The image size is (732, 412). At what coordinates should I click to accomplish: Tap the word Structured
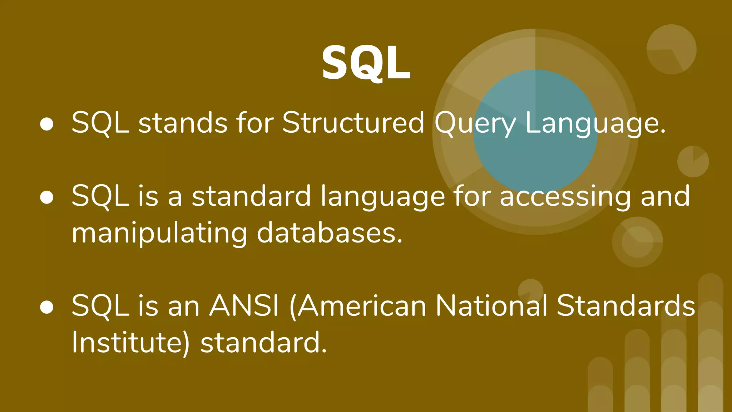click(x=353, y=123)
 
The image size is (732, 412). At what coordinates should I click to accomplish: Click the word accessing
click(x=565, y=196)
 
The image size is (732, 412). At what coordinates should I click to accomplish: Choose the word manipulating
click(x=159, y=233)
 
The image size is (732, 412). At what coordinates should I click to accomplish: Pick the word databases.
click(x=330, y=233)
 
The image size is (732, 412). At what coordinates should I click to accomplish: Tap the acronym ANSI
click(x=244, y=306)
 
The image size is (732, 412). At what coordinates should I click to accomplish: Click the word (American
click(x=358, y=306)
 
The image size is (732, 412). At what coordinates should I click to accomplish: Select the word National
click(x=491, y=306)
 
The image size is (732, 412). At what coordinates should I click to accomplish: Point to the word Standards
click(x=625, y=306)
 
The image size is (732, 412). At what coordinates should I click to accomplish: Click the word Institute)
click(x=131, y=343)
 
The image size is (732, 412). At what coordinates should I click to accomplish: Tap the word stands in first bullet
click(x=183, y=123)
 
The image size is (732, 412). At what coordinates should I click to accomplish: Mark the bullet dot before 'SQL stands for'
click(x=47, y=124)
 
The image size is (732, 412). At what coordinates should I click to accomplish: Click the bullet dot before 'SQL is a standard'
click(x=47, y=197)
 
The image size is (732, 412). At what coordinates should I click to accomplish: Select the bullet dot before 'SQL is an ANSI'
click(x=47, y=307)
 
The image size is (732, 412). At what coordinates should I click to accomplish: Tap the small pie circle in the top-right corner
click(x=671, y=49)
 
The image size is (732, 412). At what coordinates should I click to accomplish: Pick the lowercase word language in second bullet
click(x=383, y=197)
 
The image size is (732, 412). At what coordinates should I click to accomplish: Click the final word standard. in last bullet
click(x=263, y=343)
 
